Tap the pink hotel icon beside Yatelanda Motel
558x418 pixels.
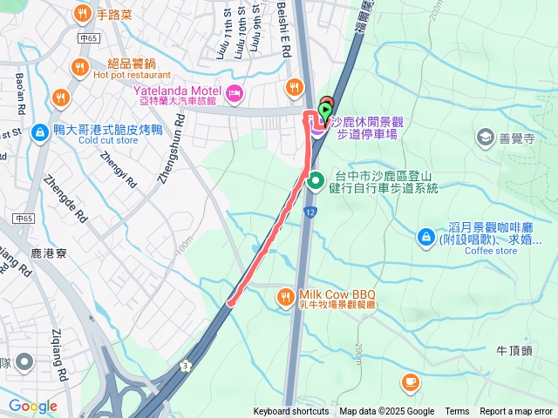pos(234,92)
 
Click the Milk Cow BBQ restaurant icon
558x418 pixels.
pos(285,299)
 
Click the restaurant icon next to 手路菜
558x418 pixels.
pos(82,13)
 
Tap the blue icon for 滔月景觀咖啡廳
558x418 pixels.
pos(425,236)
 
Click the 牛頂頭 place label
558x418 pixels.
pos(514,350)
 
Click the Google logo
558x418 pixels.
pos(32,406)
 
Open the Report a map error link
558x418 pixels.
pos(516,412)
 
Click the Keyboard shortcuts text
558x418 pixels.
pos(291,412)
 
